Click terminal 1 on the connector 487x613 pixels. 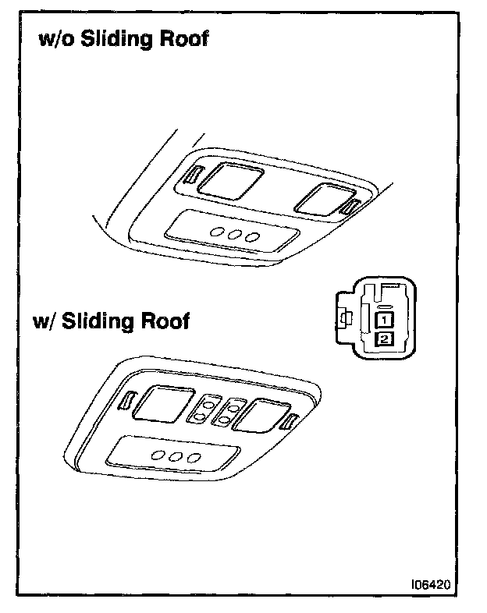[x=383, y=320]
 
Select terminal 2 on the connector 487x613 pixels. [x=383, y=338]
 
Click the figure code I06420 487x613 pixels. [x=434, y=583]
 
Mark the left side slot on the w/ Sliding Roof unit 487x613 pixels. [x=125, y=399]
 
